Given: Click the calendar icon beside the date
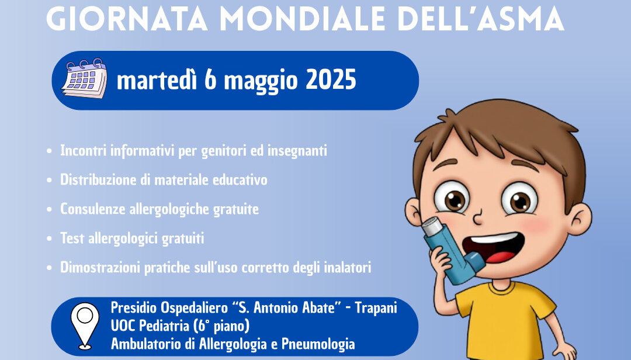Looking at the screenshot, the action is [x=85, y=78].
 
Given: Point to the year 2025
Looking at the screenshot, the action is [x=331, y=79].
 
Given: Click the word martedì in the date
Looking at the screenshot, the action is [x=157, y=79].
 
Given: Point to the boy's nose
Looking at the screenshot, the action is [x=479, y=217].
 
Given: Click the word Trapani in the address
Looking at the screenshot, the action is [x=376, y=307].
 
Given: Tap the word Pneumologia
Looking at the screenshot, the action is [x=318, y=344].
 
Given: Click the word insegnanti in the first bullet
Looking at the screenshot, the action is [x=297, y=151].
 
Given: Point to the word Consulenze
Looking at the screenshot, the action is [x=92, y=209].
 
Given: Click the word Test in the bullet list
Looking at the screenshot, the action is [x=72, y=238].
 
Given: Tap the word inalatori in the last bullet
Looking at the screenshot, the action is [x=347, y=268].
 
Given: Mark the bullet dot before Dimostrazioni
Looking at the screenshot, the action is [x=49, y=268].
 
